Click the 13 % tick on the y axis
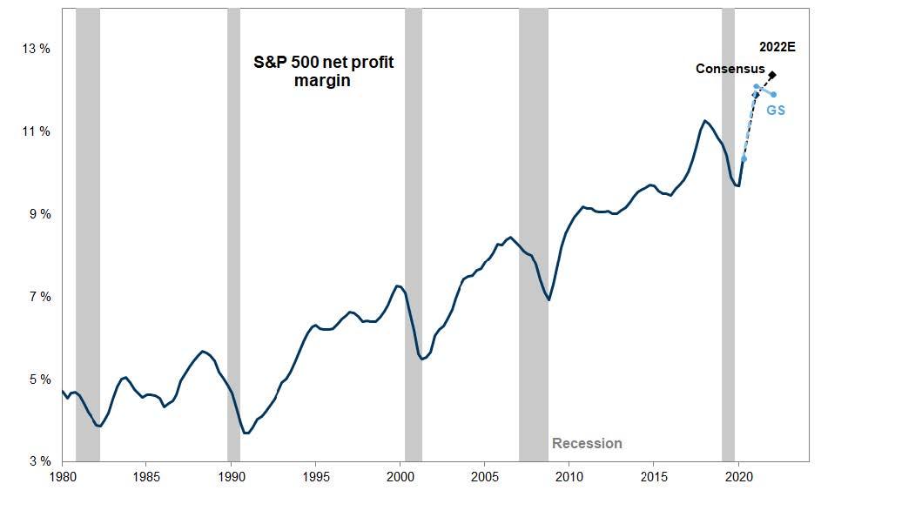pyautogui.click(x=36, y=49)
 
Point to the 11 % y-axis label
pyautogui.click(x=36, y=131)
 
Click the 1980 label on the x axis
pyautogui.click(x=63, y=477)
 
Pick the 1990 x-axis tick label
pyautogui.click(x=232, y=477)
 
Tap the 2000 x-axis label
pyautogui.click(x=400, y=477)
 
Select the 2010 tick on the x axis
pyautogui.click(x=569, y=477)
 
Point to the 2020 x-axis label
pyautogui.click(x=738, y=477)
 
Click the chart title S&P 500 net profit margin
pyautogui.click(x=323, y=72)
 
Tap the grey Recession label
pyautogui.click(x=587, y=444)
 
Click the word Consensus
pyautogui.click(x=730, y=69)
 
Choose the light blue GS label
pyautogui.click(x=776, y=111)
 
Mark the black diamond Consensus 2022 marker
pyautogui.click(x=772, y=75)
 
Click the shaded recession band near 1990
pyautogui.click(x=233, y=235)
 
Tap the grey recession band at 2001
pyautogui.click(x=414, y=235)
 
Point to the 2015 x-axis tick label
pyautogui.click(x=654, y=477)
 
